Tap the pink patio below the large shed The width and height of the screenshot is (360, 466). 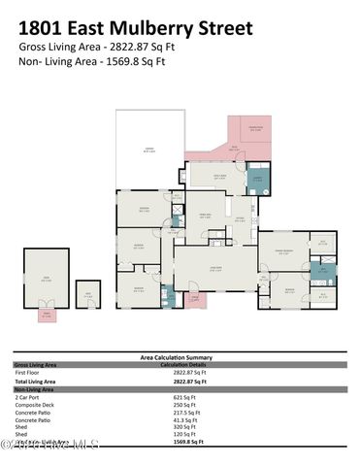[44, 314]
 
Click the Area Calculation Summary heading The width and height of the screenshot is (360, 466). [180, 357]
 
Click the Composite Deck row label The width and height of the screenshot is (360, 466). [36, 405]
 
